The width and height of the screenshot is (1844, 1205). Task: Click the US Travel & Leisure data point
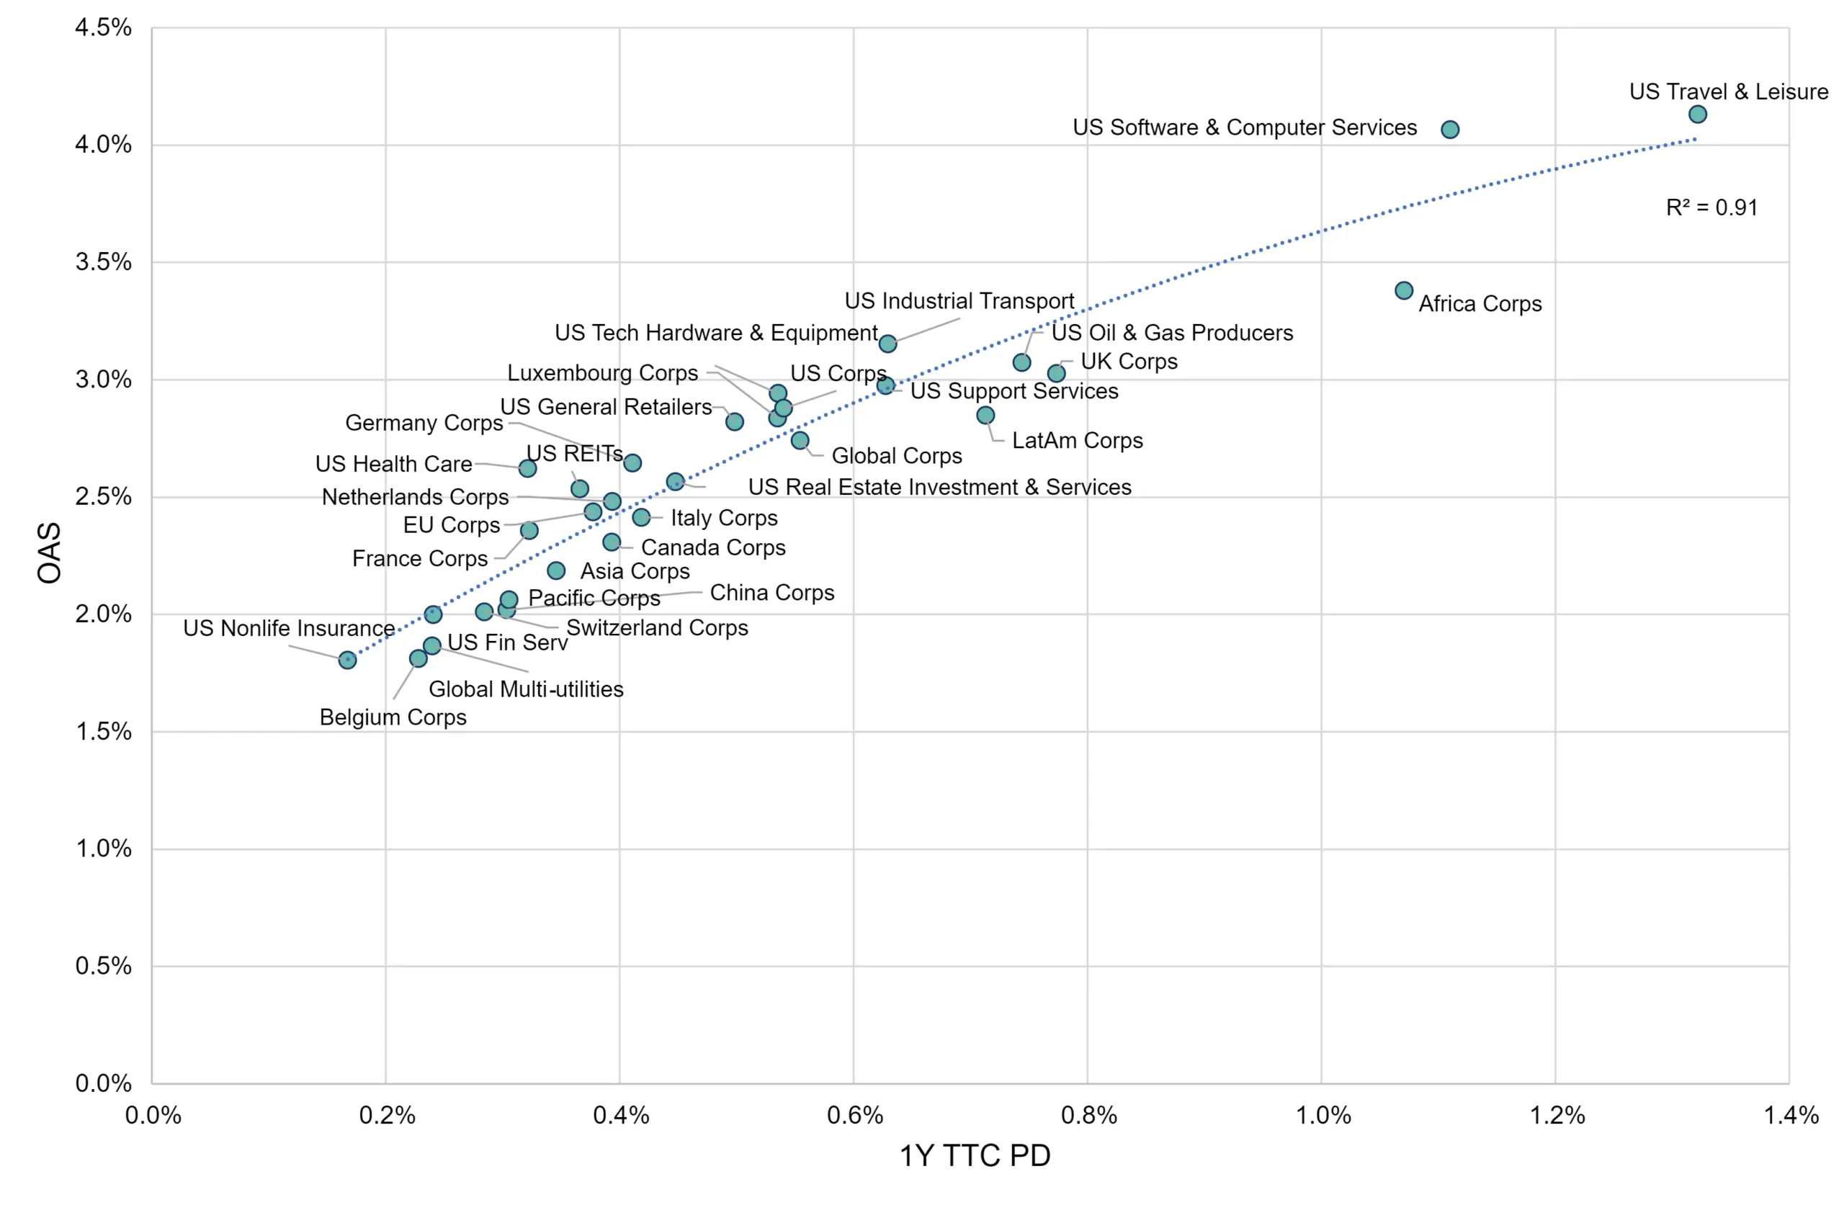pos(1698,114)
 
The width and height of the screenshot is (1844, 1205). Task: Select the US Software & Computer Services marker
pos(1450,130)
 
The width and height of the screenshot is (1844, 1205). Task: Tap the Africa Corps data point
pos(1404,290)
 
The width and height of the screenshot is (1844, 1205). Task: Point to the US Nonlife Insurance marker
pos(347,660)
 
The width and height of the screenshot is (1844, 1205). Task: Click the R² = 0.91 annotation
pos(1711,207)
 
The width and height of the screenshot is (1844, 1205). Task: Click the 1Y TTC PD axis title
pos(975,1155)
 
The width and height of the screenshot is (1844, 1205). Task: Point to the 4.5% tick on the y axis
pos(103,28)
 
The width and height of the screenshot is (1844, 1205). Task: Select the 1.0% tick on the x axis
pos(1322,1115)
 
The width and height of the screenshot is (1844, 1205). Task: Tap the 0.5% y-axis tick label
pos(103,966)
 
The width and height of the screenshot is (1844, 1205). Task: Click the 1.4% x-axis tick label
pos(1791,1115)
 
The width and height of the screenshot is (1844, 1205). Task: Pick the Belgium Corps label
pos(393,717)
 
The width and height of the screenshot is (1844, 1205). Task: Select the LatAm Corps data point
pos(985,416)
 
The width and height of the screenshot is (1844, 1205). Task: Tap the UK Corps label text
pos(1129,362)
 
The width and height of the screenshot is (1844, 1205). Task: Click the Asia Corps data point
pos(555,571)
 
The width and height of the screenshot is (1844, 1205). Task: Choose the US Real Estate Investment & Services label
pos(940,487)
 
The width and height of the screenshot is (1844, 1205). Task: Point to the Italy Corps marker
pos(641,517)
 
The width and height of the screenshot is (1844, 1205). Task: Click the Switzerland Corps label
pos(657,627)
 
